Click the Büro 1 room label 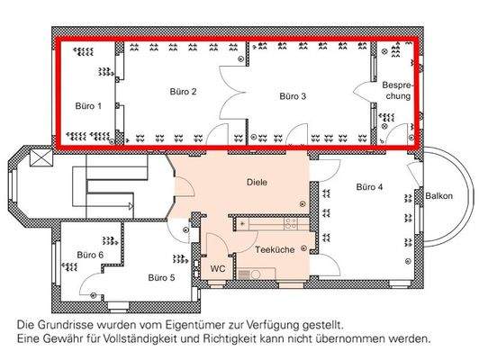(87, 106)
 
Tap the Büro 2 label (183, 92)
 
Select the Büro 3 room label (293, 95)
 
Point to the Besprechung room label (396, 90)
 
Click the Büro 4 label (369, 187)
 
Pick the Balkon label (438, 196)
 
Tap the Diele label (258, 182)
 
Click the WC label (217, 268)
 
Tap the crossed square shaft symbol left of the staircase (41, 158)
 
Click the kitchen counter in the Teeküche (270, 221)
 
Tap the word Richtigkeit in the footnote (236, 339)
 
